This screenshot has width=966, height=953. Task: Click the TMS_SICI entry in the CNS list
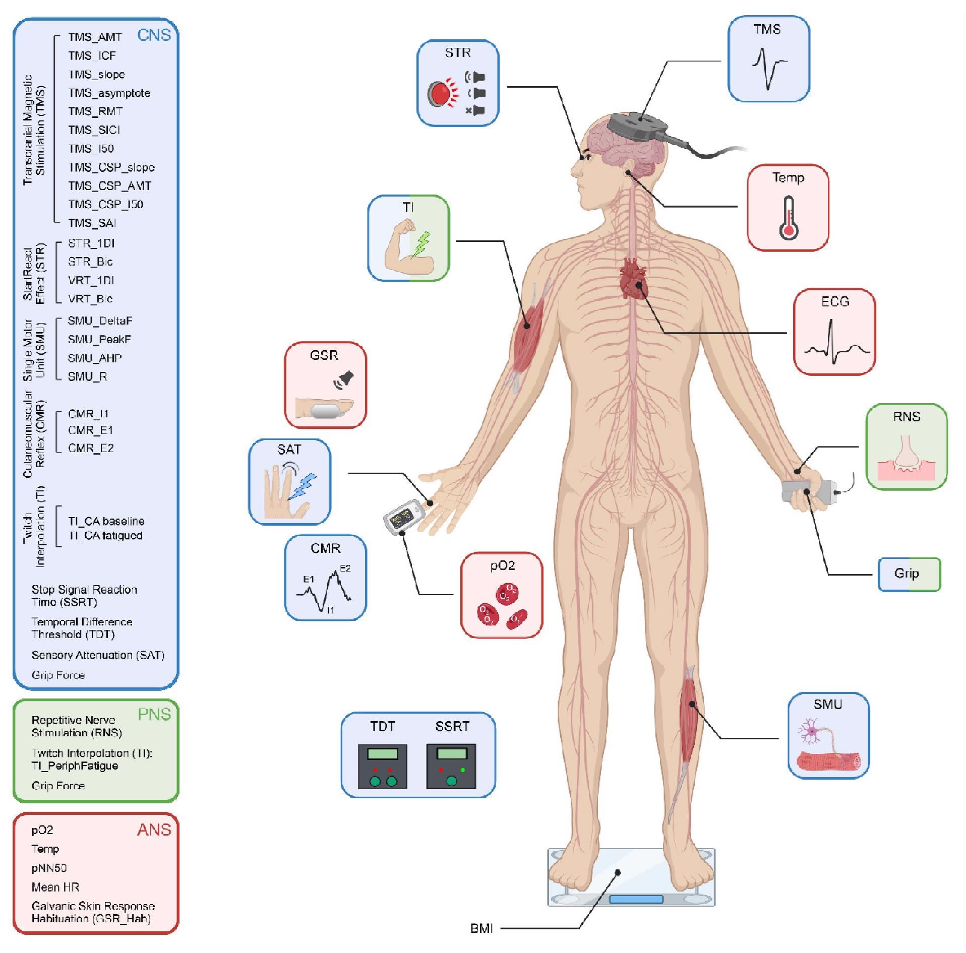click(94, 130)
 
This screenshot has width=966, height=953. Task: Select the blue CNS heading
click(154, 35)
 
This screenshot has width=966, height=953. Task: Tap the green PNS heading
click(154, 714)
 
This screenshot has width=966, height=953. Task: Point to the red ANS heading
click(154, 830)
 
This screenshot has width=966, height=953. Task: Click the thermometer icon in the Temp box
click(789, 218)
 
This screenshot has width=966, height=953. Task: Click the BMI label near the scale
click(481, 928)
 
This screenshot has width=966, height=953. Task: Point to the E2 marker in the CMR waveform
click(345, 568)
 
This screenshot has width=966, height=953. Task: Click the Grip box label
click(907, 574)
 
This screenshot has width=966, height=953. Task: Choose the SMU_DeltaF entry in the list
click(100, 321)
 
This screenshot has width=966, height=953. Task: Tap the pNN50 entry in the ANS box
click(49, 868)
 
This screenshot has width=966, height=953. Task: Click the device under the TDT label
click(383, 766)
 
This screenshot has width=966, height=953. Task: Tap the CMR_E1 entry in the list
click(91, 430)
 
